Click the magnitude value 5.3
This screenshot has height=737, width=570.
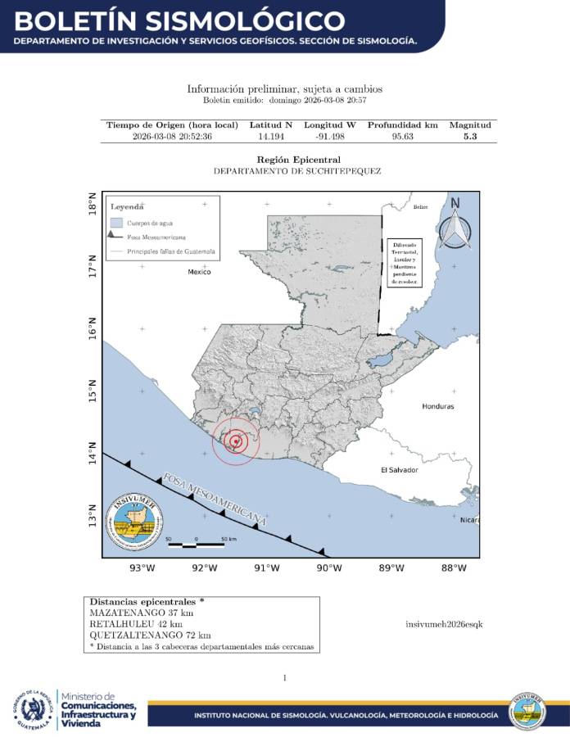469,137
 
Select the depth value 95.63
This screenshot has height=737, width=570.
402,137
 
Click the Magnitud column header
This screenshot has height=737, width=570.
469,125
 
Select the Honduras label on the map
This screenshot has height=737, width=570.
437,406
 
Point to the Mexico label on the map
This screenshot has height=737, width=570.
199,271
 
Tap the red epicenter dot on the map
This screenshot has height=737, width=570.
236,441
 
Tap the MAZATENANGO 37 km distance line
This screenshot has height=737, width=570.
141,613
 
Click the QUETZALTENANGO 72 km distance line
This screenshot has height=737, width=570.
149,635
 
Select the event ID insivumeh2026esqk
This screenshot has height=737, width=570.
444,624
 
